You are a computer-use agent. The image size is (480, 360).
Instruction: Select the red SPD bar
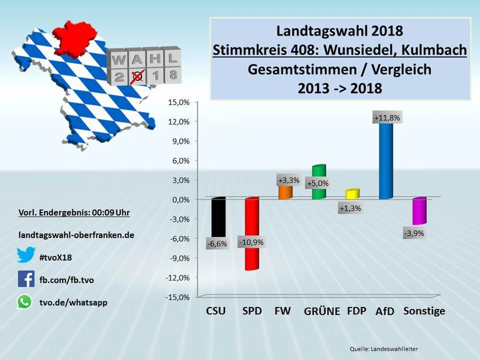click(x=251, y=234)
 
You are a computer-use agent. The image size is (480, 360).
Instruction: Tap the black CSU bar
click(x=217, y=219)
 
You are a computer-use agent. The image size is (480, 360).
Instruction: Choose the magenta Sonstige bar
click(x=419, y=211)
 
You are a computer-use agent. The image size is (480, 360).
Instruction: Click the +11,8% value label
click(x=386, y=117)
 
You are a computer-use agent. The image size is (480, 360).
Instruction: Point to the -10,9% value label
click(x=251, y=242)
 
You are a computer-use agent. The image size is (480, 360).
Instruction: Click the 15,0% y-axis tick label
click(x=178, y=102)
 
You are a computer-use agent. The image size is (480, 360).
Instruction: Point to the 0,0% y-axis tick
click(x=178, y=199)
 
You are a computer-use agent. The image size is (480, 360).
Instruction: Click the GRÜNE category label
click(x=321, y=311)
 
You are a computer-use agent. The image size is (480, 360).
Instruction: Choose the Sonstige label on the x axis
click(x=424, y=311)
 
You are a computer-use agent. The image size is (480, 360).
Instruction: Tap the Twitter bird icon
click(x=26, y=256)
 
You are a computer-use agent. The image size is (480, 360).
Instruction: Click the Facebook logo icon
click(x=26, y=279)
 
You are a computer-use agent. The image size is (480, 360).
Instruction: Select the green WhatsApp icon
click(x=24, y=302)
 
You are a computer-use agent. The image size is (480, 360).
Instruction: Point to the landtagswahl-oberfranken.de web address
click(x=76, y=235)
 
